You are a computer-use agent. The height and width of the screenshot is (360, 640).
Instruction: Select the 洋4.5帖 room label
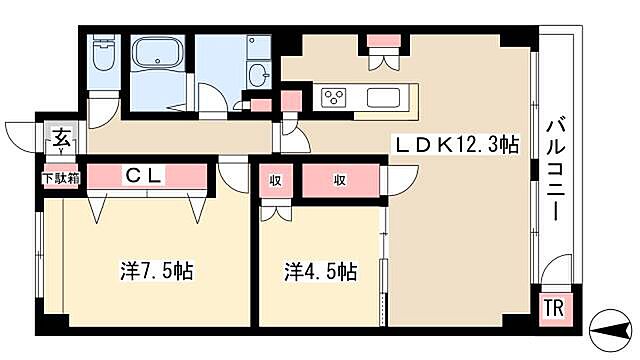[x=320, y=270]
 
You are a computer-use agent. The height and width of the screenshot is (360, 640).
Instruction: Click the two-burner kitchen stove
[x=333, y=97]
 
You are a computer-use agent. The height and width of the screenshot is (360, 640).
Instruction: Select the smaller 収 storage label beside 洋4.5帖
[x=274, y=180]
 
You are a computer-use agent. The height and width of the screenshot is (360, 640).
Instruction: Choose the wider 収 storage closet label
[x=340, y=180]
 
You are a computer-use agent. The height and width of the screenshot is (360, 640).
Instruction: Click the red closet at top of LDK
[x=381, y=41]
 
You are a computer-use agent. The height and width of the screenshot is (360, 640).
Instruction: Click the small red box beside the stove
[x=291, y=101]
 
